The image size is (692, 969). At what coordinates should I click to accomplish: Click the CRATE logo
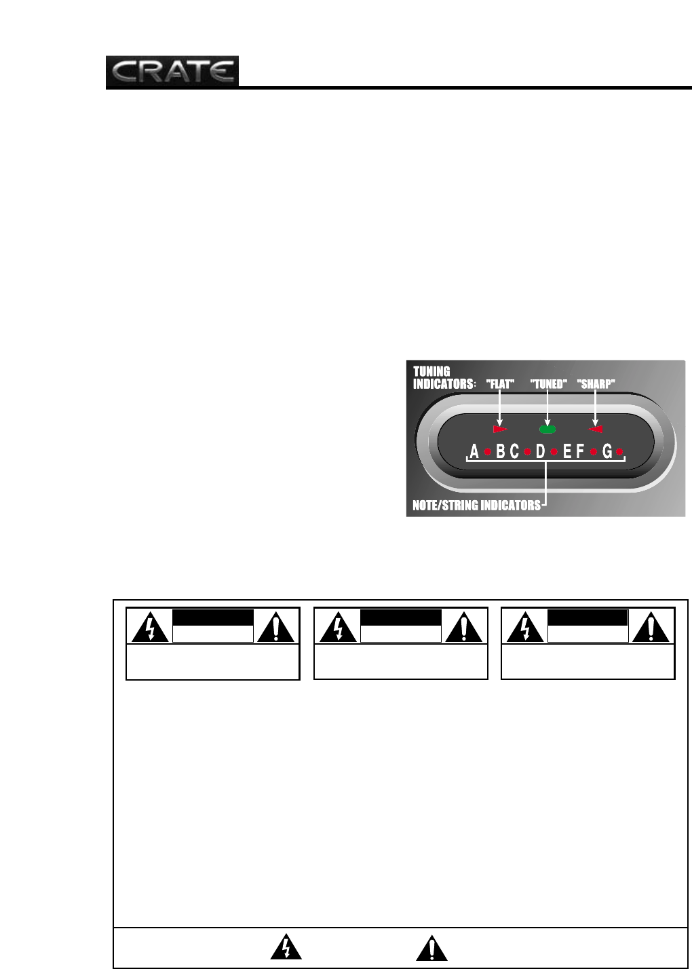(x=172, y=72)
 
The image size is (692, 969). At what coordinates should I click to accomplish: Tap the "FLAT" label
(x=501, y=384)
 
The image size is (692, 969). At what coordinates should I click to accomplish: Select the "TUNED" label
(x=547, y=384)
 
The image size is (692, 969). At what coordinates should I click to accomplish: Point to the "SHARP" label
(x=596, y=384)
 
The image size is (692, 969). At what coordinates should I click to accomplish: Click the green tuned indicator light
(x=547, y=429)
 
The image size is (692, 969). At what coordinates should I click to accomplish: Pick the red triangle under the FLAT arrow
(x=500, y=430)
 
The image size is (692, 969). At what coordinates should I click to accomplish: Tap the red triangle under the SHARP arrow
(x=596, y=429)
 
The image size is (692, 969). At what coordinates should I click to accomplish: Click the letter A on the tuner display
(x=474, y=452)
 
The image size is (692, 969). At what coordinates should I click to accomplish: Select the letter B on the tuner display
(x=501, y=452)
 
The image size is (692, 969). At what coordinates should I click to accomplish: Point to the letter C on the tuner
(x=514, y=452)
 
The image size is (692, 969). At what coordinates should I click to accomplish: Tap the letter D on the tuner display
(x=541, y=452)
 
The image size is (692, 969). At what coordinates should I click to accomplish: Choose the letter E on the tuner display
(x=567, y=452)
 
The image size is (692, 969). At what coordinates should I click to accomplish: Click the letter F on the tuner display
(x=580, y=452)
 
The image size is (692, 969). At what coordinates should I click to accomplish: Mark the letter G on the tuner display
(x=607, y=452)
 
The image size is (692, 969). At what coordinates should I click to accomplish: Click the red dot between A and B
(x=487, y=452)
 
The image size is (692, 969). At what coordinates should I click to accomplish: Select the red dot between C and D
(x=527, y=452)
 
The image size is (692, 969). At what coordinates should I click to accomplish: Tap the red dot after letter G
(x=620, y=452)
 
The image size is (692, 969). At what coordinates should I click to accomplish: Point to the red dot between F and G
(x=594, y=452)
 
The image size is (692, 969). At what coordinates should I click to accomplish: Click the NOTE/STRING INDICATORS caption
(x=477, y=506)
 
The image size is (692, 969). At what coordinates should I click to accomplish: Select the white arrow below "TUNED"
(x=547, y=407)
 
